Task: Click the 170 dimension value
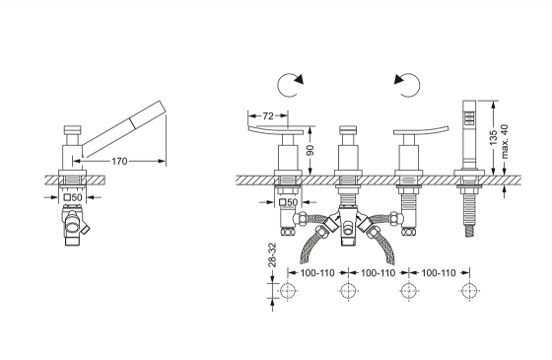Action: pos(119,162)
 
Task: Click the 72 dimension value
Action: pos(268,115)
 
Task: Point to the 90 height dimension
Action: pos(310,150)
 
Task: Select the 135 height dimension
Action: pos(493,137)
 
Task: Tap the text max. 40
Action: pos(505,141)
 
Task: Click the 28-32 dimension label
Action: pos(272,255)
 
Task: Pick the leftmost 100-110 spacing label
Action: pos(317,272)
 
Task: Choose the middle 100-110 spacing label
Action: pos(379,272)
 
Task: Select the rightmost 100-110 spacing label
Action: pos(439,272)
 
